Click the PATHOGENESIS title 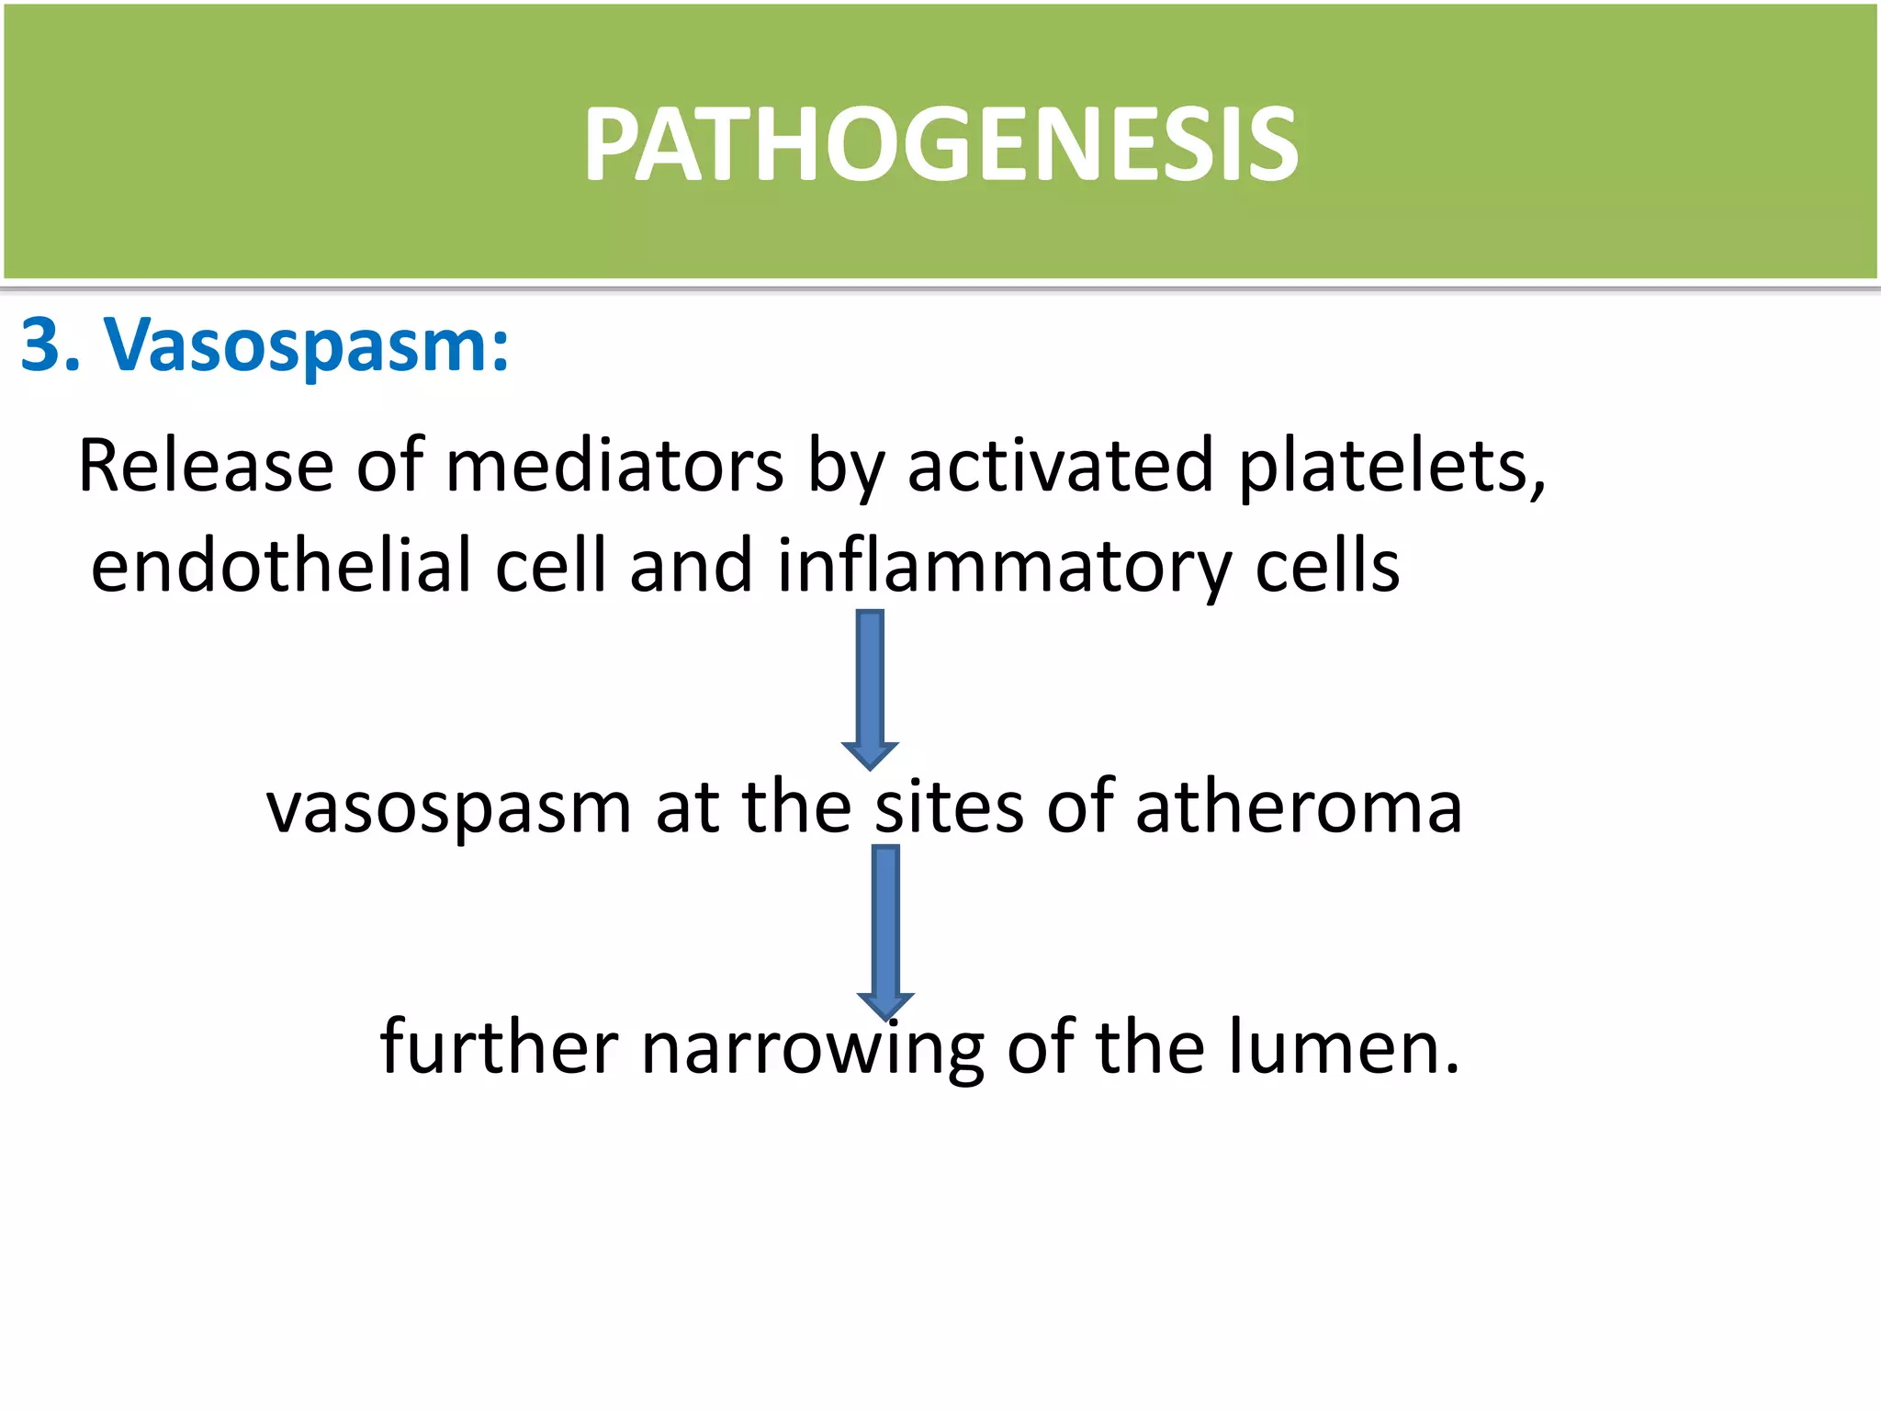(x=940, y=144)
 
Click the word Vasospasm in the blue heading (x=305, y=346)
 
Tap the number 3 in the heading (x=46, y=346)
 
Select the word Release (x=205, y=467)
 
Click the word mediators (x=614, y=467)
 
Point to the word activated (x=1060, y=467)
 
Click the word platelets (x=1391, y=467)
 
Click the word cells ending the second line (x=1327, y=566)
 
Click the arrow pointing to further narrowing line (x=885, y=930)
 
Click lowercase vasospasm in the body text (x=448, y=809)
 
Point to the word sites (x=949, y=807)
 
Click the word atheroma (x=1298, y=807)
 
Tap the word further (x=499, y=1047)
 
